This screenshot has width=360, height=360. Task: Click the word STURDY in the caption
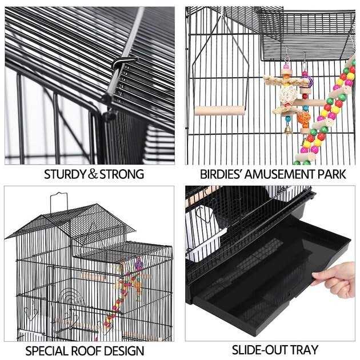pyautogui.click(x=65, y=174)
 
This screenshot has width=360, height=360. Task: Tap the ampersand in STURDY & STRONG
pyautogui.click(x=93, y=174)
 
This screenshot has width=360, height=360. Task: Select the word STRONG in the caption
pyautogui.click(x=122, y=174)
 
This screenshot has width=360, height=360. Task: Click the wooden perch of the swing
pyautogui.click(x=220, y=110)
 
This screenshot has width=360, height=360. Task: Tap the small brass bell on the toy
pyautogui.click(x=287, y=131)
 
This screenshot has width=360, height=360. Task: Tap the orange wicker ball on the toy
pyautogui.click(x=302, y=118)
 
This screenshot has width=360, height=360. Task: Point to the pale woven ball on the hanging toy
pyautogui.click(x=285, y=93)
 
